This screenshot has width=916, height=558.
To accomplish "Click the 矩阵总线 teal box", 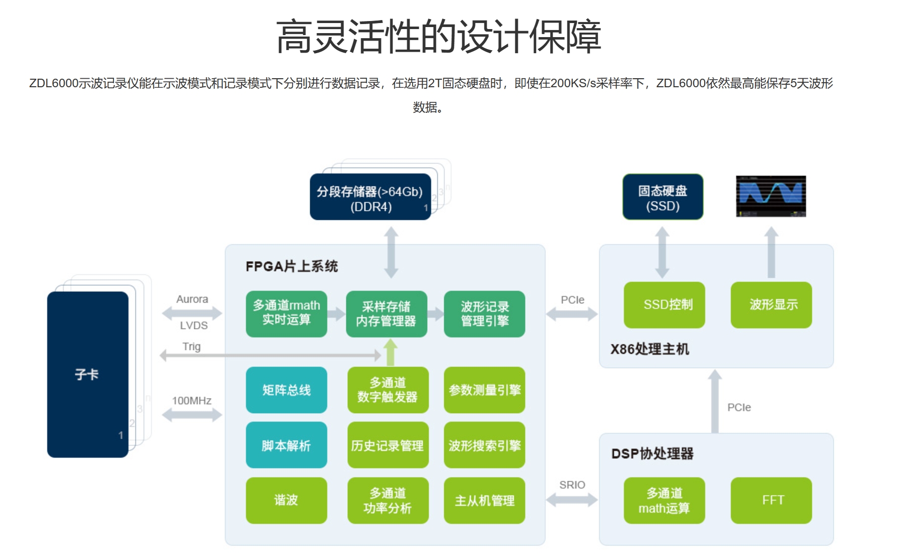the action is [x=286, y=390].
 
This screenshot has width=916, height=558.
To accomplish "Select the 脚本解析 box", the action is [x=286, y=445].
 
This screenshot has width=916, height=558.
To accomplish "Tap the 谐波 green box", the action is [x=286, y=500].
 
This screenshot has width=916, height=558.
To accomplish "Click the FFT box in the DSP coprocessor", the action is [x=771, y=500].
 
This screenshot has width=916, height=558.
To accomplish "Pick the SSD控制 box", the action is [x=664, y=305].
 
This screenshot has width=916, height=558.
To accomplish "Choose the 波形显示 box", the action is [x=771, y=305].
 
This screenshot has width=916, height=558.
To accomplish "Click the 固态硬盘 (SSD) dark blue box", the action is [x=663, y=197].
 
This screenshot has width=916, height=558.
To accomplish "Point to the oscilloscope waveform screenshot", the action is [x=771, y=196].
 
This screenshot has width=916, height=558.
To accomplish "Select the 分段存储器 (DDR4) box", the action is [x=370, y=197].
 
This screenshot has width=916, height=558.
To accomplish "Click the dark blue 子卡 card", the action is [x=88, y=375].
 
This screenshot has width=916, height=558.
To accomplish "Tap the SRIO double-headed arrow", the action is [x=572, y=499].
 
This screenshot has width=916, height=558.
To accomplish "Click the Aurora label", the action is [x=192, y=299].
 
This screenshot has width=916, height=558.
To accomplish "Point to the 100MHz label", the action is [x=192, y=401].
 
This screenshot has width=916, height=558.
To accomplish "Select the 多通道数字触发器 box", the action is [x=387, y=390].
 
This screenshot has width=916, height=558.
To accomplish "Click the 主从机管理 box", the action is [x=484, y=500].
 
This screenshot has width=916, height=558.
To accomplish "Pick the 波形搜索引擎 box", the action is [x=484, y=445].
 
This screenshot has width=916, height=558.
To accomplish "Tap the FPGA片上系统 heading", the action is [x=292, y=266].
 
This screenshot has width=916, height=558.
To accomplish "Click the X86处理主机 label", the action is [x=649, y=349].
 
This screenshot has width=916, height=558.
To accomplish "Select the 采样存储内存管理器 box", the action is [x=386, y=314].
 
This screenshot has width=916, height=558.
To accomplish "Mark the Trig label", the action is [x=191, y=346].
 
